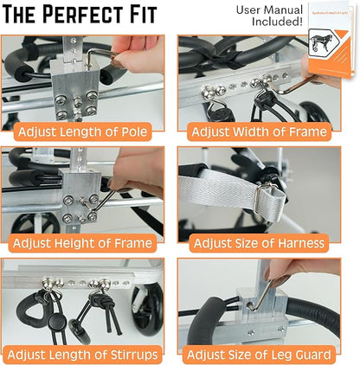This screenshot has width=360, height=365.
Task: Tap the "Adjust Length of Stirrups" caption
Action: pyautogui.click(x=87, y=353)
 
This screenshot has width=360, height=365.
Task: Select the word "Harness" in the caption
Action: pyautogui.click(x=301, y=243)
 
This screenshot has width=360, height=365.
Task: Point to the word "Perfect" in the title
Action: pyautogui.click(x=93, y=16)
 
